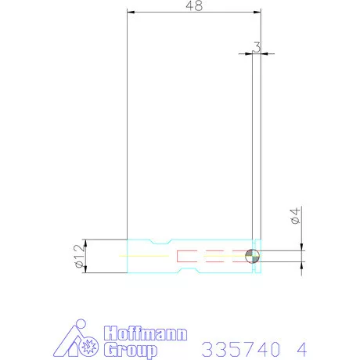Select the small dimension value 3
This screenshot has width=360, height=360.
tap(257, 47)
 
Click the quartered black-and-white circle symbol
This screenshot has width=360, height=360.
tap(251, 255)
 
